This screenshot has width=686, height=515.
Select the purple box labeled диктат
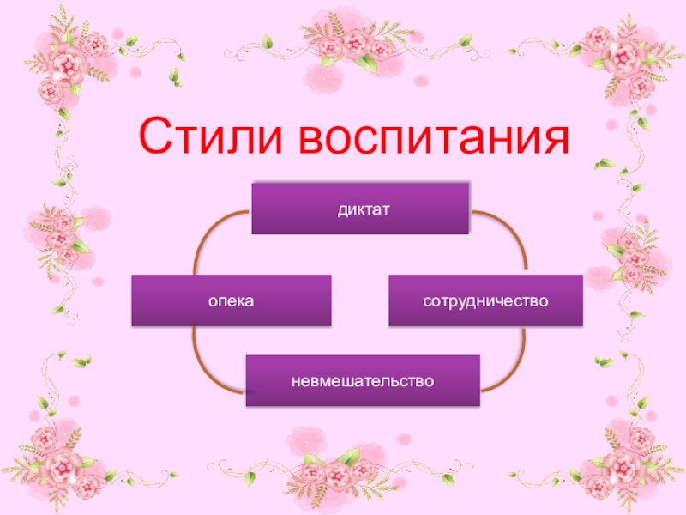tap(360, 208)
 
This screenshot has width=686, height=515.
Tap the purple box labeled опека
tap(231, 300)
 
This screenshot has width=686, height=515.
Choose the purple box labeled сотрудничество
tap(485, 300)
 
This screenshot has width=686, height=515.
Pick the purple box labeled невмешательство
tap(363, 379)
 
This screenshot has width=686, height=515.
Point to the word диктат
tap(360, 208)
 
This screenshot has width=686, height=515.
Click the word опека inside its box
tap(231, 301)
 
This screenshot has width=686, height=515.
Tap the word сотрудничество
tap(485, 301)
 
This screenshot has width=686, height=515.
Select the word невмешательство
tap(363, 379)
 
